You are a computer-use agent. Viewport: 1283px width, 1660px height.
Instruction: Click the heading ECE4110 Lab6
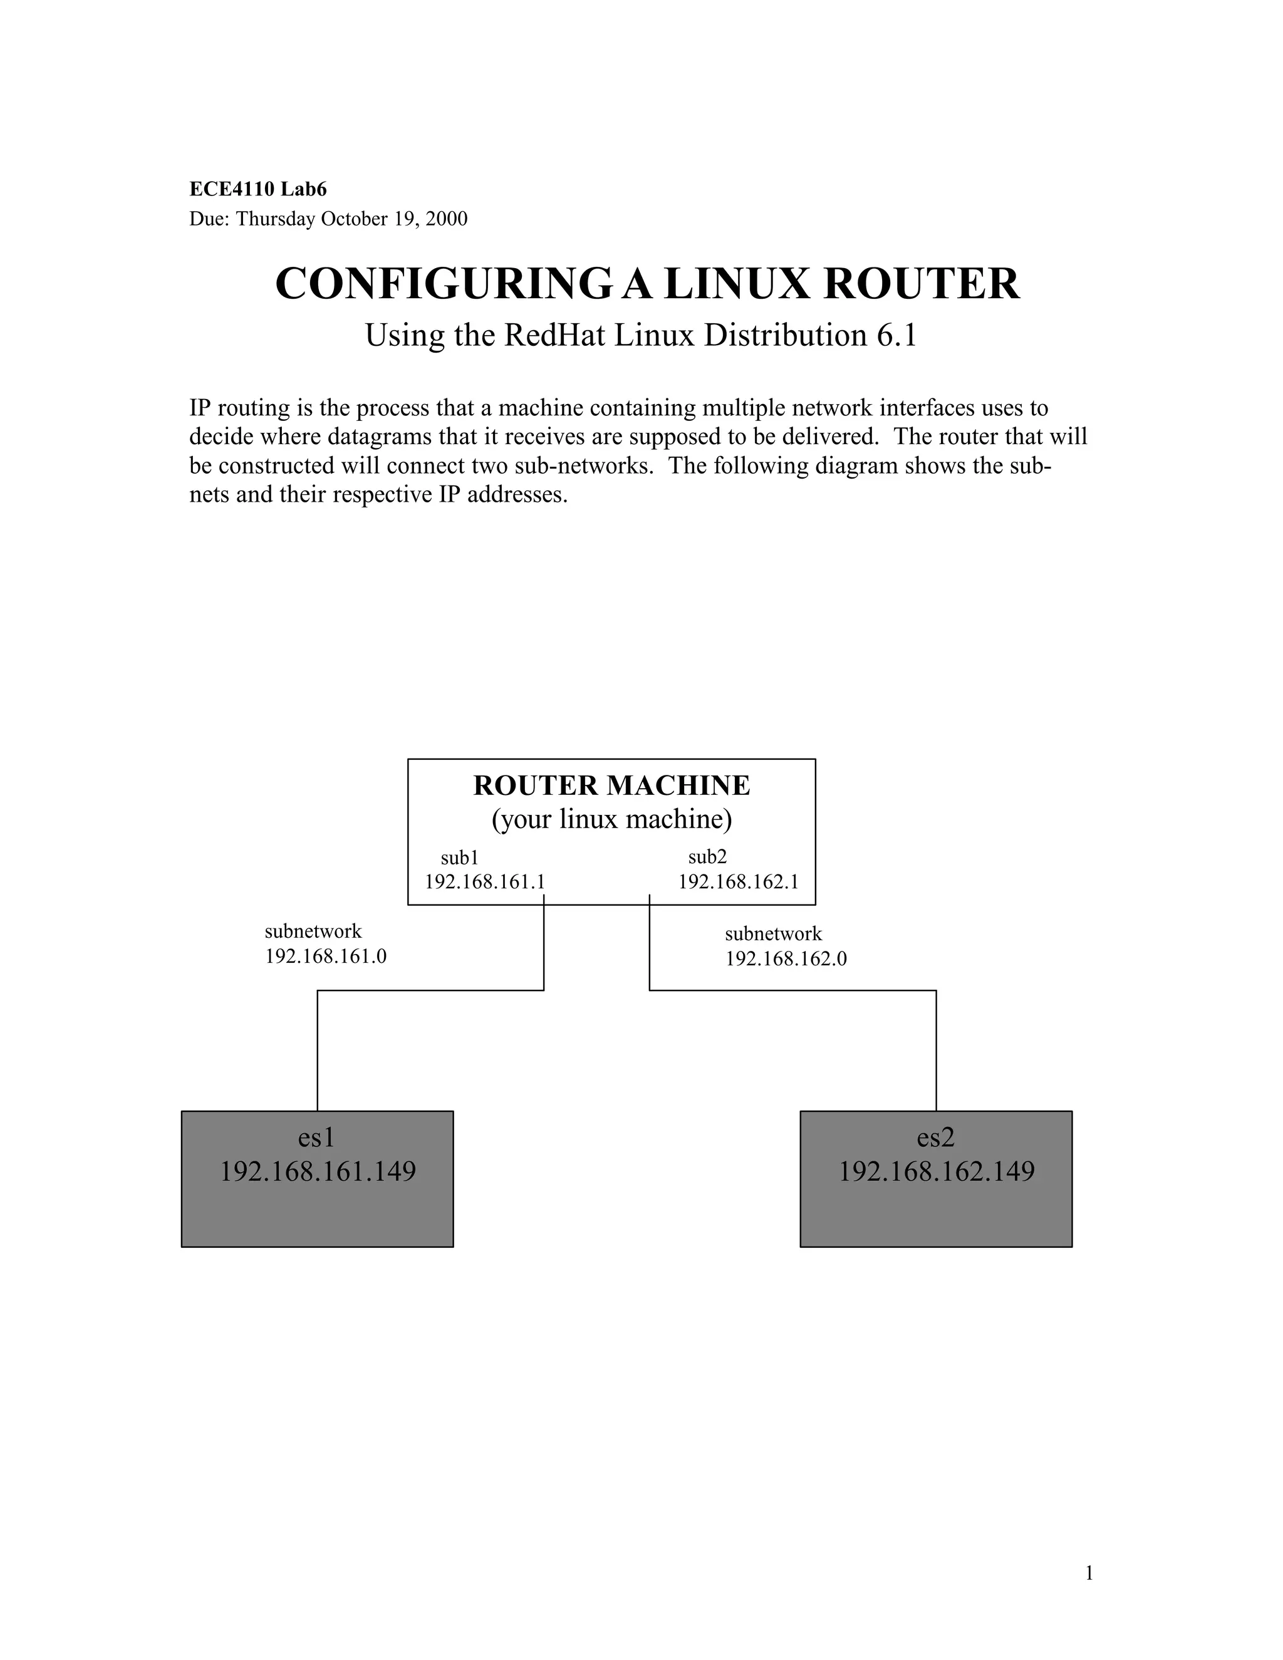point(257,189)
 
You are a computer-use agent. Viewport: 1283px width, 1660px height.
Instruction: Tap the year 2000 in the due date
point(446,219)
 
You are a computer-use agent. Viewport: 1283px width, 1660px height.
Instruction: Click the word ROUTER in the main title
point(921,284)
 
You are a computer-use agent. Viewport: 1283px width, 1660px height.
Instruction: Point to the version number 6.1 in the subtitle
point(897,335)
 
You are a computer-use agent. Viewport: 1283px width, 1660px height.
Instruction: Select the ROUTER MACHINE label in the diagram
point(611,785)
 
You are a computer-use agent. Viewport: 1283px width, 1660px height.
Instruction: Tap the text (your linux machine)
point(611,819)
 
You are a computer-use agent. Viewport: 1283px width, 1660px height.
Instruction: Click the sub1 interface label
point(459,858)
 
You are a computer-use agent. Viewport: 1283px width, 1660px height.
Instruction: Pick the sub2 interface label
point(707,858)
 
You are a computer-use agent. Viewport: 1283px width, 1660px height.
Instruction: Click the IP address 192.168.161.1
point(484,882)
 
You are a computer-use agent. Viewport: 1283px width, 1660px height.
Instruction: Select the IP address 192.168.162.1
point(738,882)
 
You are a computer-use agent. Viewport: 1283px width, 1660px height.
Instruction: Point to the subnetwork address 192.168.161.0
point(325,956)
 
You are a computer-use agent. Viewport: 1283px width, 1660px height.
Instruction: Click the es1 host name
point(316,1138)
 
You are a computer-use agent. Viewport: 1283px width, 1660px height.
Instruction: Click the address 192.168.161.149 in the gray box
point(318,1171)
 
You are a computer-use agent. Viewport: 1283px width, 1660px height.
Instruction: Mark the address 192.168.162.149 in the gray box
point(937,1171)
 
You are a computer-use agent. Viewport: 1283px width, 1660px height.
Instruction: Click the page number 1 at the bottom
point(1088,1574)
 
